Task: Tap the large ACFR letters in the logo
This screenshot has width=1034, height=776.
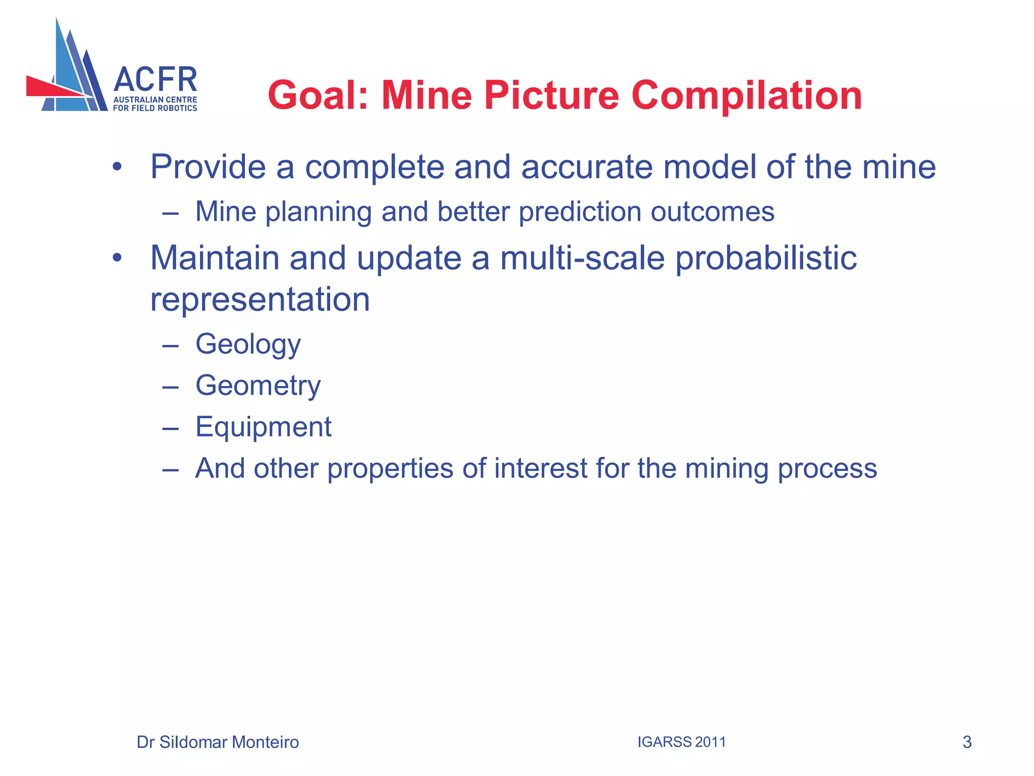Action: click(x=156, y=79)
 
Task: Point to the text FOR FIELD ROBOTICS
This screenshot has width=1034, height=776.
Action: click(x=155, y=108)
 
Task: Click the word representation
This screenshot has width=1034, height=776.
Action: click(x=260, y=299)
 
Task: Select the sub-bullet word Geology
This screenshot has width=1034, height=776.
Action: click(x=248, y=345)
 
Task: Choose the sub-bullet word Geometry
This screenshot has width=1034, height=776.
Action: click(x=258, y=386)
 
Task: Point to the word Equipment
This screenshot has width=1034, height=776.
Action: click(x=263, y=427)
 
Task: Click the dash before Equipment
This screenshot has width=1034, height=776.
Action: click(x=171, y=428)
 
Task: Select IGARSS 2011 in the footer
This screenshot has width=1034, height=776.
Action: click(x=681, y=742)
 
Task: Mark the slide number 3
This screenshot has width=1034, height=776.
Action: click(x=967, y=742)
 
